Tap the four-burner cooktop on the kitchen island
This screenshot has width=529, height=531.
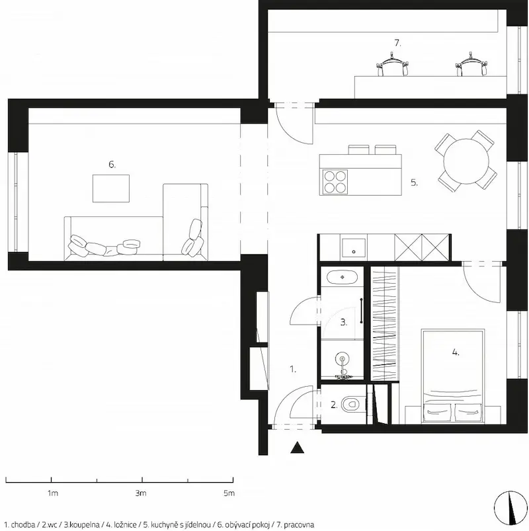point(335,182)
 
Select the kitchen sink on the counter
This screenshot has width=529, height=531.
point(354,248)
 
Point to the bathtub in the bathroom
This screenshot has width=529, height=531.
point(342,277)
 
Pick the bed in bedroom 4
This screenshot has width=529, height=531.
point(453,376)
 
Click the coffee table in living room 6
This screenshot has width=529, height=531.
point(111,188)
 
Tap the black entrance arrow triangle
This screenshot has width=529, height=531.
point(298,448)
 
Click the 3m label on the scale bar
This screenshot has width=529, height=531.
point(141,493)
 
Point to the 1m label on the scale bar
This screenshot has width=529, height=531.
point(52,493)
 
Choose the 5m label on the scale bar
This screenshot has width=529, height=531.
point(229,493)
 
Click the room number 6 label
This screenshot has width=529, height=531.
point(112,165)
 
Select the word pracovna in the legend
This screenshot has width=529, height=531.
point(299,525)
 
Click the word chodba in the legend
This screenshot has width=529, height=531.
point(22,525)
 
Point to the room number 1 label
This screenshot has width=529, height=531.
point(293,369)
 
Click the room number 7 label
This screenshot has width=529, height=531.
point(397,44)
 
